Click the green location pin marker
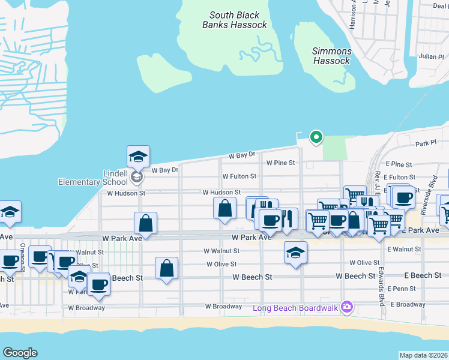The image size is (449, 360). coord(316,137)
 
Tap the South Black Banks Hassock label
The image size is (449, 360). coord(234,20)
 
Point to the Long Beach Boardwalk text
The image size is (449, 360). coord(295,308)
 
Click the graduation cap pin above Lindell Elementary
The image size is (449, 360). coord(139,157)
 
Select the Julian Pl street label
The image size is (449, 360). coord(427,56)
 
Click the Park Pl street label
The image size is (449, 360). coord(424,143)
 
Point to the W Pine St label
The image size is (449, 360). coord(281,163)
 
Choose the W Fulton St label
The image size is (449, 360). coord(239,177)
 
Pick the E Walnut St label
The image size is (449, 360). coord(404,249)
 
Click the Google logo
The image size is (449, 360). coord(20,353)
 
